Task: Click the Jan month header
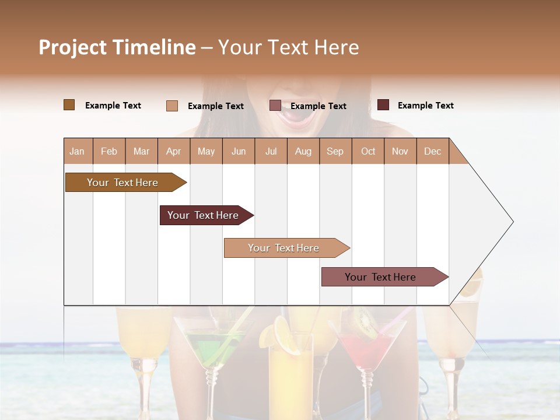(x=78, y=151)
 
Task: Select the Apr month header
(x=174, y=151)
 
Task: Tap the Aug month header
(x=303, y=151)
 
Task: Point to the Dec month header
(x=432, y=151)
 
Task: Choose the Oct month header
(x=368, y=151)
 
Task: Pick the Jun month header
(x=239, y=151)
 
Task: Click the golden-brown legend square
(x=69, y=105)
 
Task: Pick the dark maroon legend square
(x=383, y=105)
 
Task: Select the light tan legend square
(x=172, y=106)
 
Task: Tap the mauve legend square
(x=275, y=106)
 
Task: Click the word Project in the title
(x=73, y=47)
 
